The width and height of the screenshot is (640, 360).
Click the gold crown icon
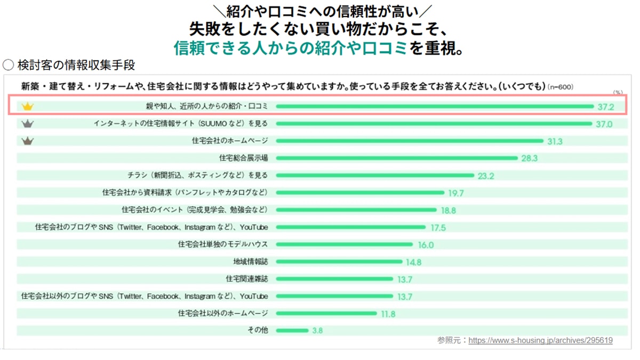(x=27, y=107)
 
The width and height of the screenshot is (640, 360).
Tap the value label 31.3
(x=555, y=141)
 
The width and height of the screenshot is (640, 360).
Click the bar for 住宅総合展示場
(x=396, y=158)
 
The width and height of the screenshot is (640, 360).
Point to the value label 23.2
(x=486, y=176)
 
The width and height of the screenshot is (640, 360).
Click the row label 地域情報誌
(x=250, y=262)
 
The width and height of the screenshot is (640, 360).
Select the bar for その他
(x=292, y=331)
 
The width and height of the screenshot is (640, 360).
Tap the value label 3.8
(x=317, y=331)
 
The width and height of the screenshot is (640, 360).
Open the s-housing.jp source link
(x=540, y=340)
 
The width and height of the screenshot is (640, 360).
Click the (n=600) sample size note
(x=561, y=87)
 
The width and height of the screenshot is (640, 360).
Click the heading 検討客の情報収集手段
(x=76, y=65)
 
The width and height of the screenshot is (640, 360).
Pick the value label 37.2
(x=606, y=107)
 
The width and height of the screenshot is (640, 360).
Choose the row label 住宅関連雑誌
(x=247, y=279)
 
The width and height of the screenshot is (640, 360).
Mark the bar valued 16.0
(x=344, y=245)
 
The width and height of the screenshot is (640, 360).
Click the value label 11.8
(x=388, y=314)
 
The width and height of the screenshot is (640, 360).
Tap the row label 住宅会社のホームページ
(x=230, y=141)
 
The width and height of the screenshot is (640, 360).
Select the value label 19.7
(x=456, y=193)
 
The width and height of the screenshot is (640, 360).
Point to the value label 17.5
(x=438, y=228)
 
